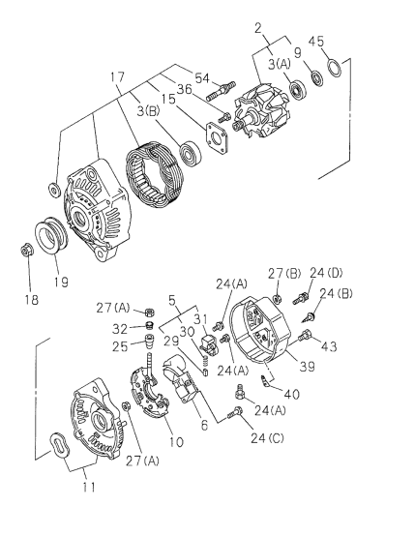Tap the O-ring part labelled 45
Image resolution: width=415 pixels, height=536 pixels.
(x=332, y=69)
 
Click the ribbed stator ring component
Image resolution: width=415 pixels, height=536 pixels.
(x=156, y=185)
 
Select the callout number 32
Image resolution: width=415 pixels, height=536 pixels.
(x=124, y=327)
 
